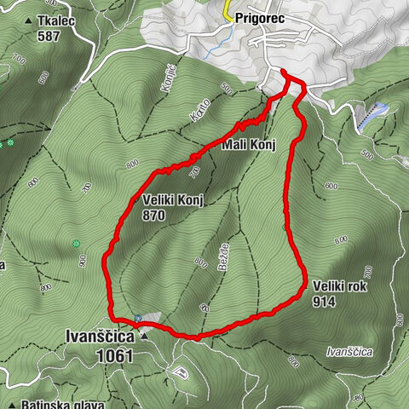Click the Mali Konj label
click(249, 145)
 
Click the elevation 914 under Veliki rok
click(325, 302)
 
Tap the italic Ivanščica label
click(350, 351)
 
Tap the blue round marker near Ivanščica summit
click(137, 318)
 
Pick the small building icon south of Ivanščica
click(179, 372)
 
